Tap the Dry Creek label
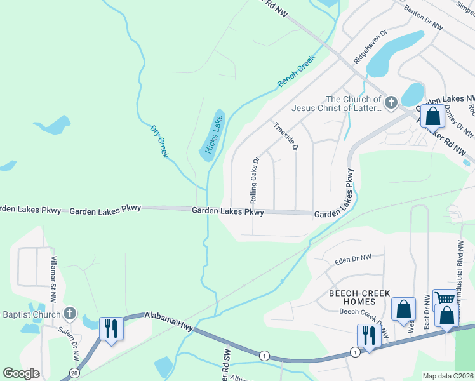coord(159,141)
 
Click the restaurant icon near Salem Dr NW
coord(110,328)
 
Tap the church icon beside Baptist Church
coord(70,314)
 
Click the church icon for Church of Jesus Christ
coord(391,101)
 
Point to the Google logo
coord(21,373)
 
